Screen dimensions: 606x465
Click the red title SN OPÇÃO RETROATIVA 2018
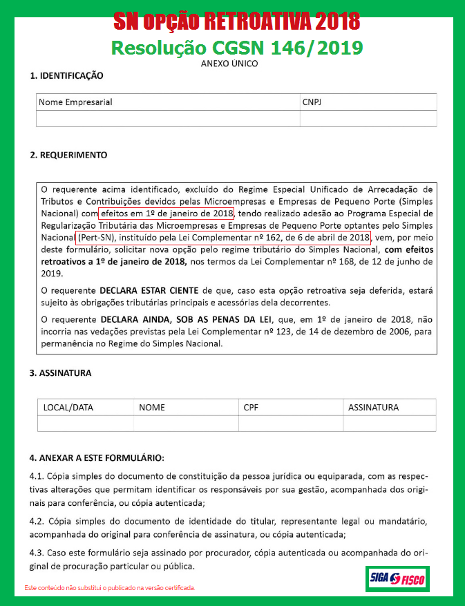237,22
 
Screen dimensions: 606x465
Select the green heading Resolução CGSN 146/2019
237,48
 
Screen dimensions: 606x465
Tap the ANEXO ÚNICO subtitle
229,64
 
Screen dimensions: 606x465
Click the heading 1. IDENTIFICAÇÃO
66,75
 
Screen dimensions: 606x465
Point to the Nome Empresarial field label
75,102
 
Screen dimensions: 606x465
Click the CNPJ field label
312,102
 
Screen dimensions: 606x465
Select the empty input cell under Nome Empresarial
168,118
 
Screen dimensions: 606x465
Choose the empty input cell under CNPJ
368,118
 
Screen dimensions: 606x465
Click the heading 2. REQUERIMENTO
68,155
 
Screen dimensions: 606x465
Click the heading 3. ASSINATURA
60,373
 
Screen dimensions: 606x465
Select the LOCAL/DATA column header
68,407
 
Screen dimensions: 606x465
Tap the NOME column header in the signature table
152,407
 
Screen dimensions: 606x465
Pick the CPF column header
251,407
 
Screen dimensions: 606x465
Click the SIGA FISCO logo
397,578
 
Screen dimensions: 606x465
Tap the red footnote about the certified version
110,588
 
